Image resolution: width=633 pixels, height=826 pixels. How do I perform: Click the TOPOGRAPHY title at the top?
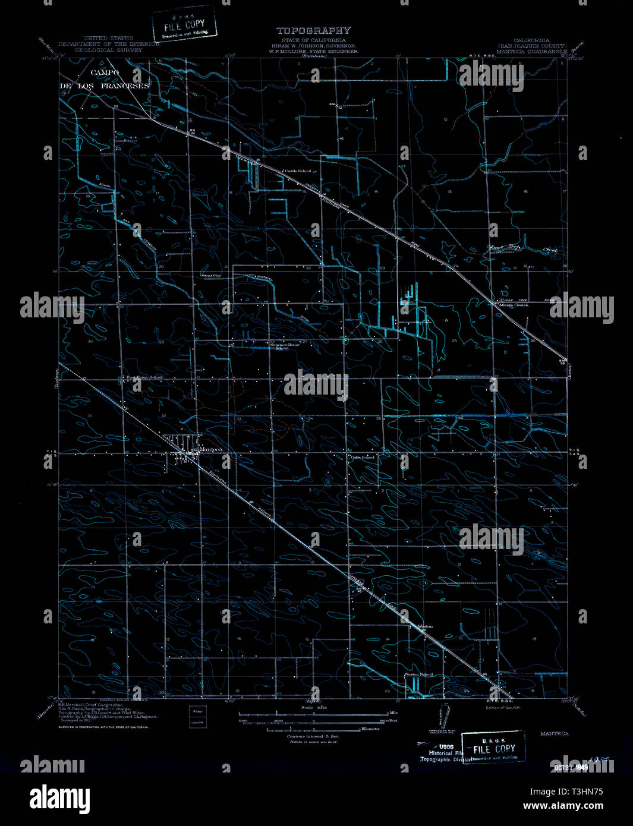(x=313, y=30)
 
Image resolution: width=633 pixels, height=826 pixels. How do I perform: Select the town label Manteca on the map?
(x=211, y=450)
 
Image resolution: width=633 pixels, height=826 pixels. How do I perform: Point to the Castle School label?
(x=297, y=171)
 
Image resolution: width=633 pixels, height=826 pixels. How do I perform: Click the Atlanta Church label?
(x=510, y=305)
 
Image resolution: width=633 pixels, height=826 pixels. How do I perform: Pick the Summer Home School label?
(x=282, y=346)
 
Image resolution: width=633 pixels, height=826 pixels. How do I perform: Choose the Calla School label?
(x=362, y=457)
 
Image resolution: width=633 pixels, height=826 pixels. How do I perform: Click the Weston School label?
(x=418, y=674)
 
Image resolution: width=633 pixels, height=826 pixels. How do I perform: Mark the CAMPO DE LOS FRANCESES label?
(x=105, y=79)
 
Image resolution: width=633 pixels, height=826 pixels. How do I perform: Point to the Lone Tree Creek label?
(x=523, y=250)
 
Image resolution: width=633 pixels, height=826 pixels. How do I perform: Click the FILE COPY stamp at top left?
(x=184, y=24)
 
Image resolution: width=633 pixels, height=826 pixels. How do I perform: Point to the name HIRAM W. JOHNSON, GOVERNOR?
(x=313, y=46)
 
